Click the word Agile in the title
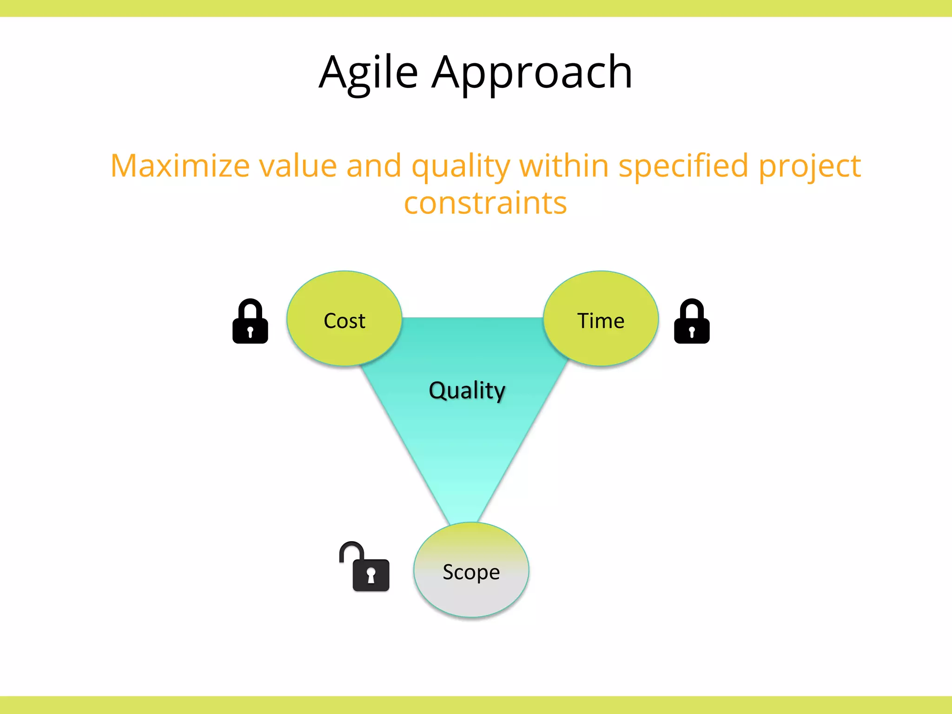pyautogui.click(x=368, y=73)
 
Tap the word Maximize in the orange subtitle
pyautogui.click(x=180, y=166)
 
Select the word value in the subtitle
pyautogui.click(x=297, y=166)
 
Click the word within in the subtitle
pyautogui.click(x=564, y=166)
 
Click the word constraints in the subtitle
pyautogui.click(x=485, y=204)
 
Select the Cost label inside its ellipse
pyautogui.click(x=344, y=321)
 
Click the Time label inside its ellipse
pyautogui.click(x=601, y=321)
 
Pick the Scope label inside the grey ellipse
pyautogui.click(x=471, y=572)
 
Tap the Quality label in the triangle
pyautogui.click(x=467, y=390)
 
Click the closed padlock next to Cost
pyautogui.click(x=250, y=322)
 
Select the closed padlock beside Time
pyautogui.click(x=692, y=322)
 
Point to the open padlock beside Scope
pyautogui.click(x=367, y=569)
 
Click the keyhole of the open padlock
pyautogui.click(x=371, y=575)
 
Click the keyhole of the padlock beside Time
pyautogui.click(x=692, y=332)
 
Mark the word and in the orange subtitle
pyautogui.click(x=374, y=166)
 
